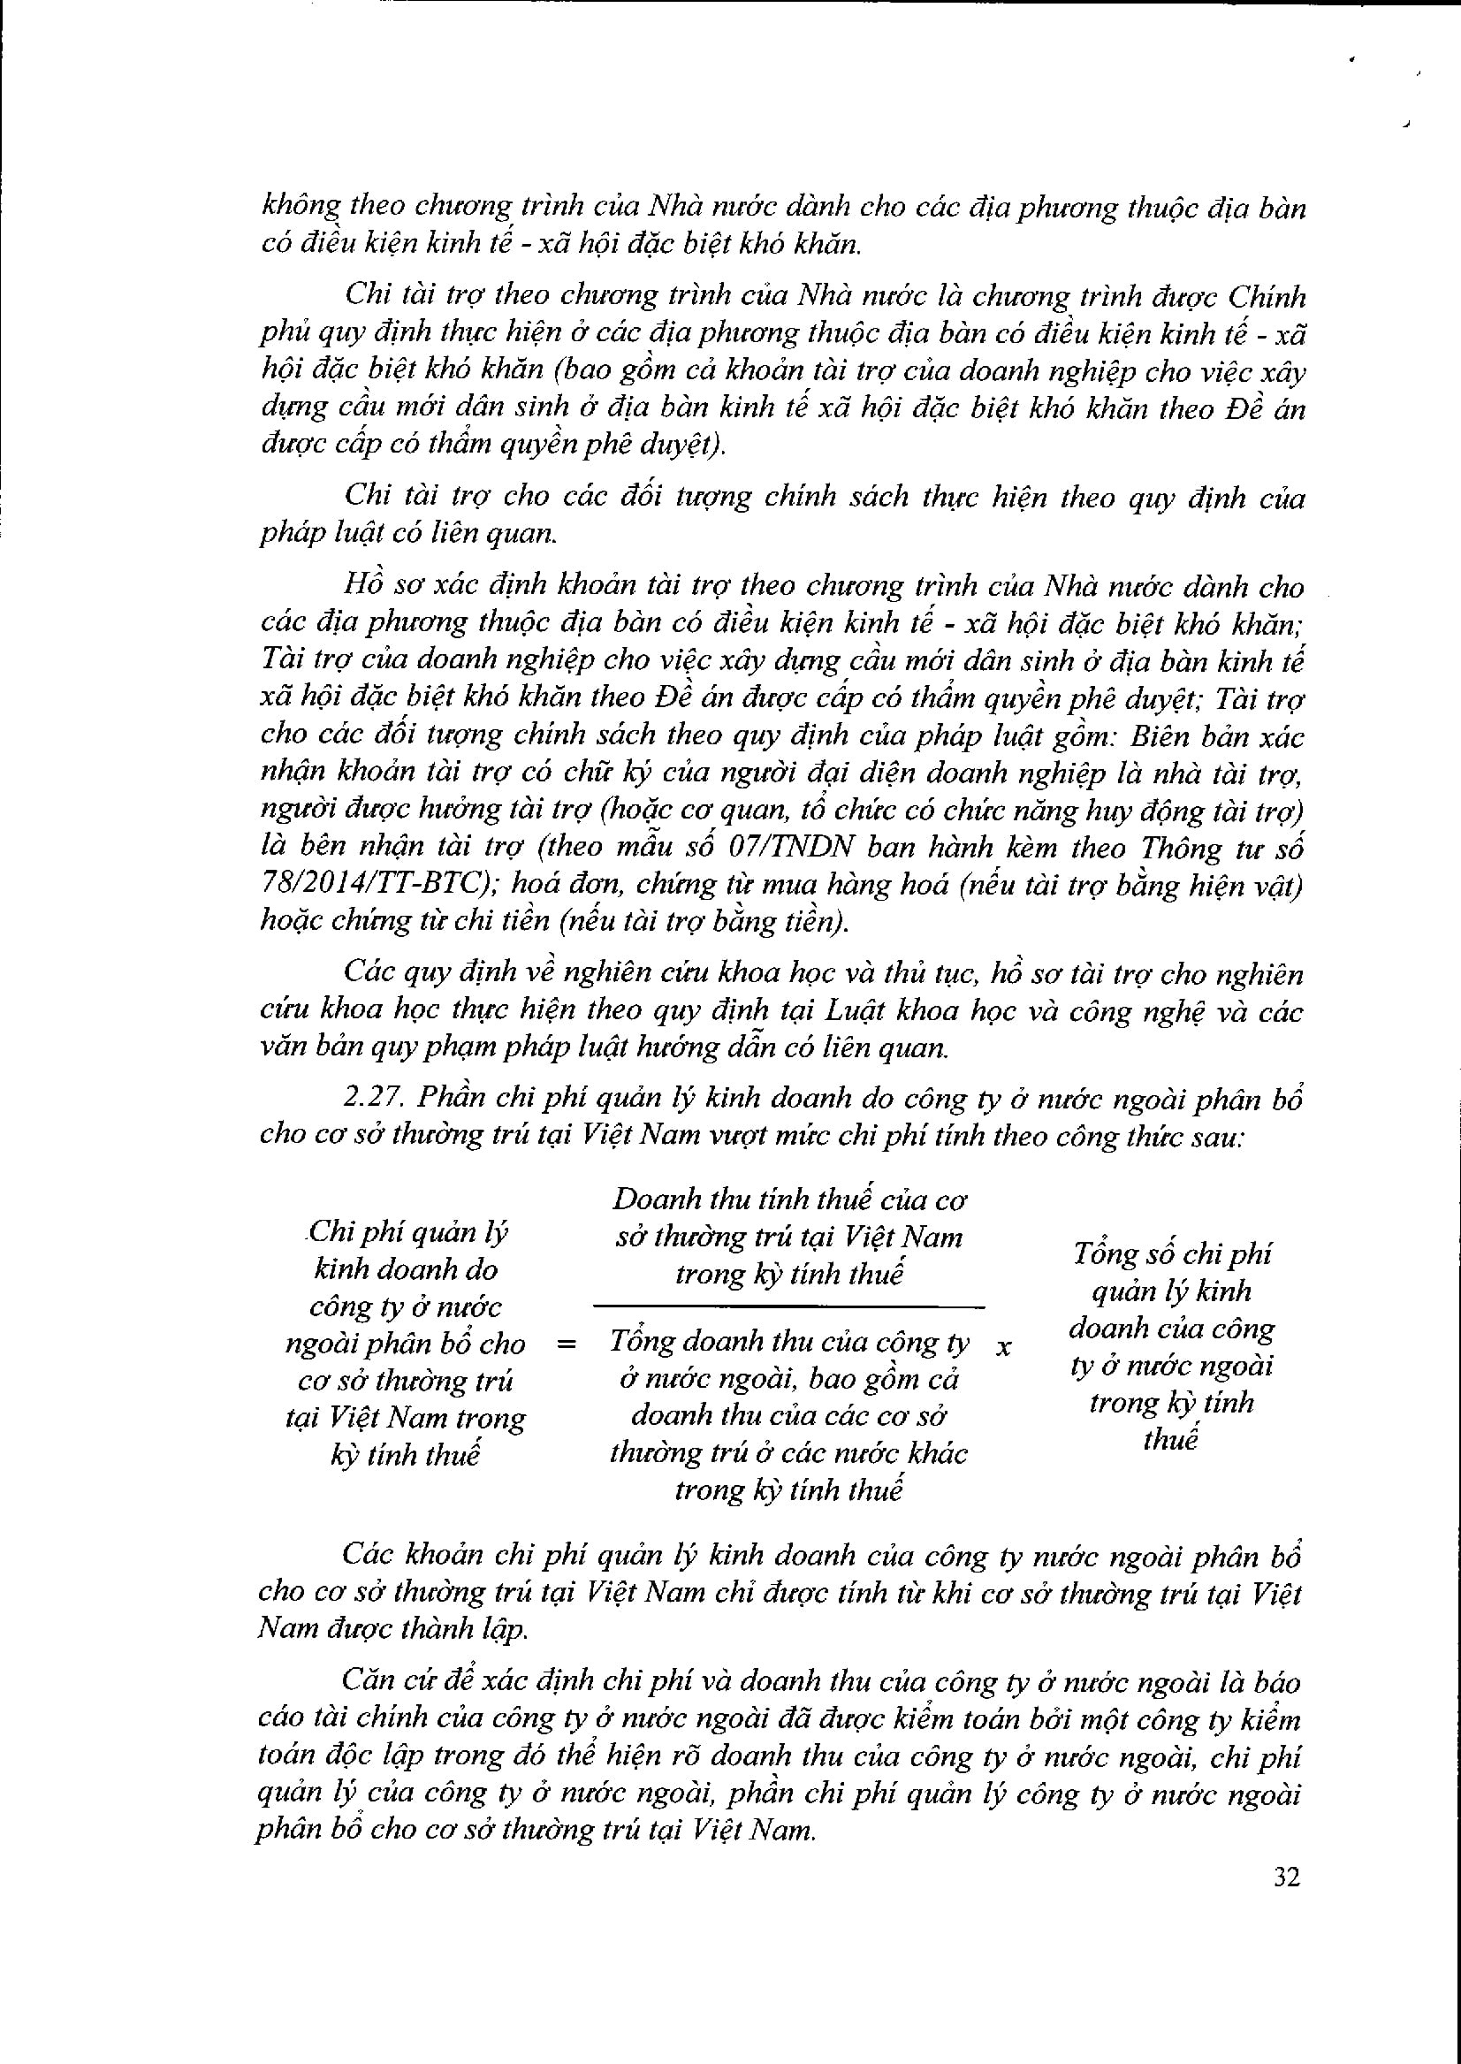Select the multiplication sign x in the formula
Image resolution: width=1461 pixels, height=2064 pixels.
click(1004, 1347)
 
